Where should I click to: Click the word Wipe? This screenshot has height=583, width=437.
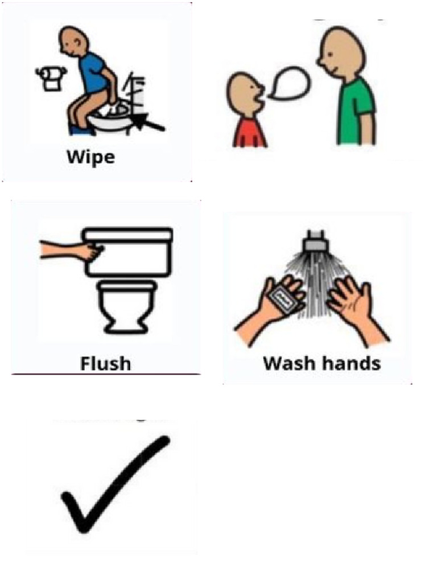[x=90, y=157]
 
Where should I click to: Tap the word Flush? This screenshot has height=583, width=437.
[x=105, y=363]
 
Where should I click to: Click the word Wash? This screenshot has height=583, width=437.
[x=288, y=363]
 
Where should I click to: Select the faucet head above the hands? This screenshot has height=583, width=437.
[x=314, y=241]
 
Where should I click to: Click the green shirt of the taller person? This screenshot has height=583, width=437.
[x=356, y=111]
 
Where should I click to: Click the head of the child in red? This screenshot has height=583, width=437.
[x=244, y=94]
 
